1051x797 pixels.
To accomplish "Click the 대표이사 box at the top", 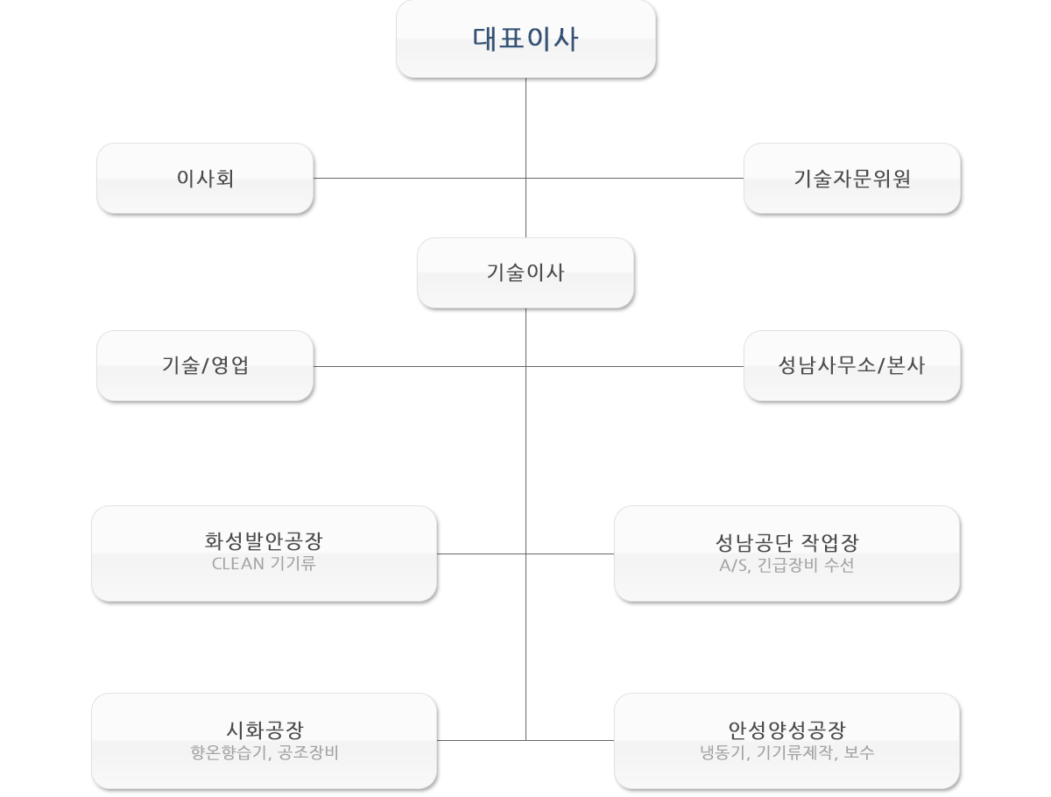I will (525, 40).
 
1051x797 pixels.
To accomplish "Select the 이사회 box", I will (204, 179).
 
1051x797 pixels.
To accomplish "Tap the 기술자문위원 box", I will (852, 179).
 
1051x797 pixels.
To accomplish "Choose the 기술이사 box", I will (525, 272).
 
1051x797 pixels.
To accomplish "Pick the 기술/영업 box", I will (204, 366).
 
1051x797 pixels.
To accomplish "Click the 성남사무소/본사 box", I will (852, 366).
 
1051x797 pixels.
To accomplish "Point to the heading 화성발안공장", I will (264, 540).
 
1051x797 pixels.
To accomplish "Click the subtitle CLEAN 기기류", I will (264, 564).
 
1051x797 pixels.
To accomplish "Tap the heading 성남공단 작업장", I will (786, 542).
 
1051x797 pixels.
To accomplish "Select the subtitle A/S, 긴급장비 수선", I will (786, 566).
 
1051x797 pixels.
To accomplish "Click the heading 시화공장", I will (264, 729).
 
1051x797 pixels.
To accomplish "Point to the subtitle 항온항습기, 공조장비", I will (264, 752).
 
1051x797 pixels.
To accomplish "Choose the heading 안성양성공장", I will (786, 729).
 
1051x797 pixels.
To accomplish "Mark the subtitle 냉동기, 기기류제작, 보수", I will (786, 752).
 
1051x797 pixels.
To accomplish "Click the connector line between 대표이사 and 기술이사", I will (525, 131).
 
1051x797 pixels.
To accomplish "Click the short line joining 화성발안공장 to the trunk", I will (482, 554).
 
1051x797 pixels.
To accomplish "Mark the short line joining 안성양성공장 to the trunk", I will (569, 740).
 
